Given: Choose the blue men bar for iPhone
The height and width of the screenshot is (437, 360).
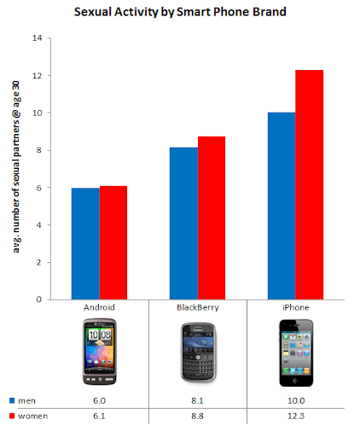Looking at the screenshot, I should tap(282, 206).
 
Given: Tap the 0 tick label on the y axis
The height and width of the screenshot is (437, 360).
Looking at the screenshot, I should tap(38, 300).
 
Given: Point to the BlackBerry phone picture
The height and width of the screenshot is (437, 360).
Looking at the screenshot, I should tap(197, 350).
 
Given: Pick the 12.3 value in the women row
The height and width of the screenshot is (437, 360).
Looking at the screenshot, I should tap(295, 415).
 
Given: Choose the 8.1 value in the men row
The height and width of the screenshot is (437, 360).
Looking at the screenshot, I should tap(197, 399).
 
